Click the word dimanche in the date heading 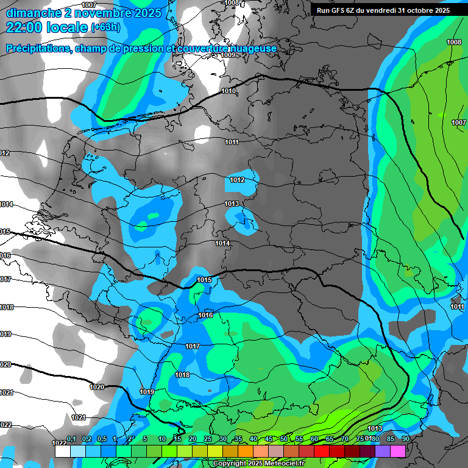[x=31, y=13]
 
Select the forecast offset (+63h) [x=105, y=27]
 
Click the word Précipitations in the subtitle [x=37, y=48]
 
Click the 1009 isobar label [x=229, y=55]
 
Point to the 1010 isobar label [x=229, y=91]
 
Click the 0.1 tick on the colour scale [x=71, y=439]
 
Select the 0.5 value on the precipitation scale [x=101, y=439]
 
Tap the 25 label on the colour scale [x=208, y=439]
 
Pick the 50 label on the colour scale [x=284, y=439]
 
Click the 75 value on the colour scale [x=360, y=439]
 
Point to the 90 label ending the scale [x=406, y=439]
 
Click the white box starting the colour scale [x=63, y=452]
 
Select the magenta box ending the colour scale [x=398, y=452]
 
